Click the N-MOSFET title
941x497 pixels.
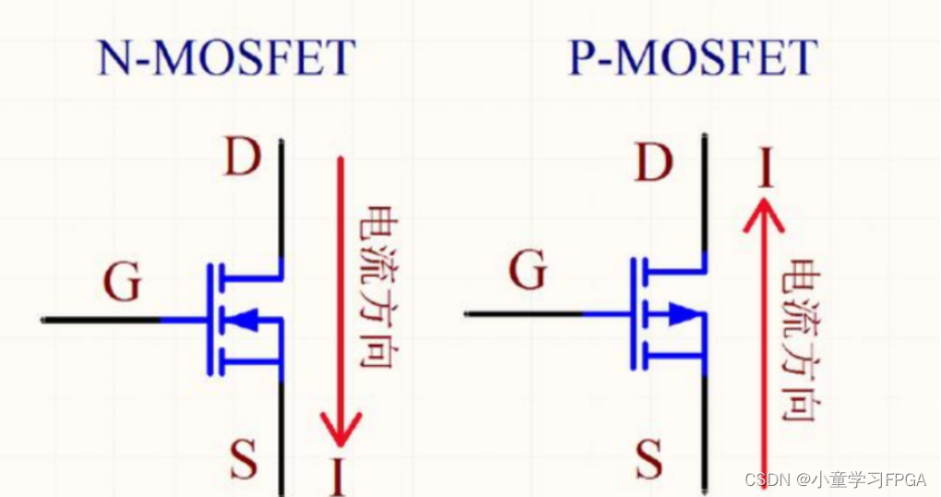coord(226,58)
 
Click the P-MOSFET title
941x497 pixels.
coord(692,58)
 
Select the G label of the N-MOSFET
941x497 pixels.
coord(122,283)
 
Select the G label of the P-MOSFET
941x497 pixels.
coord(528,272)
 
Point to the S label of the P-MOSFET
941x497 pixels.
coord(650,458)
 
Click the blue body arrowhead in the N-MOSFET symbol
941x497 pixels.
coord(242,320)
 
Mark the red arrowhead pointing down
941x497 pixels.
coord(340,428)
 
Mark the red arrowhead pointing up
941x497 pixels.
coord(765,216)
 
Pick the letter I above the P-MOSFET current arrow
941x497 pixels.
coord(765,170)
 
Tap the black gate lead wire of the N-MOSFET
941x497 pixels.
coord(101,320)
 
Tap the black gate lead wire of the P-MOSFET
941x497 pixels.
coord(523,314)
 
